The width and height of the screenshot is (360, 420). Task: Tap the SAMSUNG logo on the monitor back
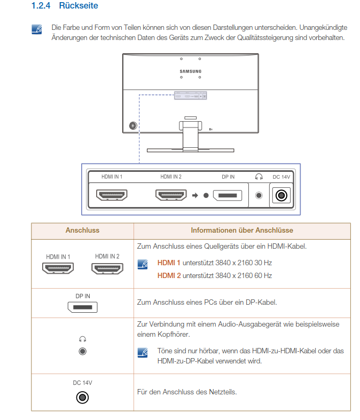(x=190, y=70)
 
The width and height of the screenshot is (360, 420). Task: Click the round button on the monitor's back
(x=132, y=126)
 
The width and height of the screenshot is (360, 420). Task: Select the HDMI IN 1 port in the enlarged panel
(x=112, y=195)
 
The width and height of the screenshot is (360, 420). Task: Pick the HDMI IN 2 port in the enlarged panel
(x=171, y=195)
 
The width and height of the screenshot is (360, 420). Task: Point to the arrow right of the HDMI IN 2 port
(x=195, y=195)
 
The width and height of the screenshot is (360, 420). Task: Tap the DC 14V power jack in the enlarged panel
(x=280, y=195)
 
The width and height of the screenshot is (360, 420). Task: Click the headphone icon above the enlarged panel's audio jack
(x=259, y=177)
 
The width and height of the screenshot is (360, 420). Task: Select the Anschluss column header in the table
(x=82, y=231)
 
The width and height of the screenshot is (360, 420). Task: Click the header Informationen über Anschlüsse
(x=242, y=231)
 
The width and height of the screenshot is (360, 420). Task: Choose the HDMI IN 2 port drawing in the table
(x=107, y=268)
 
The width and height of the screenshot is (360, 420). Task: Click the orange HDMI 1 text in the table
(x=169, y=263)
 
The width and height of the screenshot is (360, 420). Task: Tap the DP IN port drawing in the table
(x=82, y=307)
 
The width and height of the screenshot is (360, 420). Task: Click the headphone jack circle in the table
(x=82, y=352)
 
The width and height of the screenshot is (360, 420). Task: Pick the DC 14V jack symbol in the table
(x=82, y=398)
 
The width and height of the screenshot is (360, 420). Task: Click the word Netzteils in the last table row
(x=222, y=392)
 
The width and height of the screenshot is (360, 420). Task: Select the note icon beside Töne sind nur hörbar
(x=142, y=352)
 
